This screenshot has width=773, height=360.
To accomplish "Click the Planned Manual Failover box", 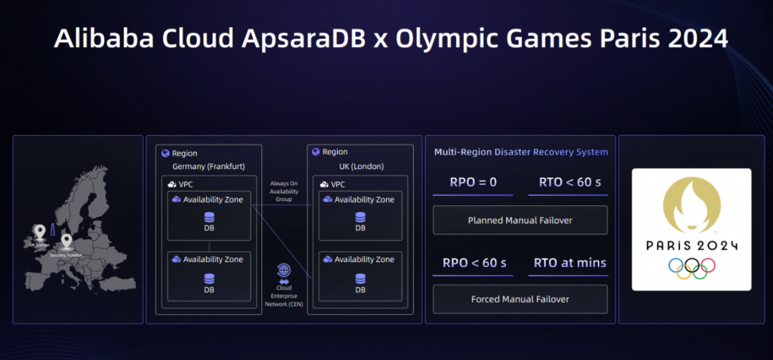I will coord(520,220).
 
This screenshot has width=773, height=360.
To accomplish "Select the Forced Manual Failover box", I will coord(520,299).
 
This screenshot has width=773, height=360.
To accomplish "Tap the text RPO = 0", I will coord(472,182).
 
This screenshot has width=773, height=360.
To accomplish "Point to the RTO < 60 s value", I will coord(570,182).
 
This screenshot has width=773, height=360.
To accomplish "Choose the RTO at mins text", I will coord(570,263).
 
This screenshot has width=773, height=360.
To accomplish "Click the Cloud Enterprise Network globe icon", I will coord(284,271).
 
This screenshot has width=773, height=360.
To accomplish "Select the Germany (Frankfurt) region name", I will coord(208,167).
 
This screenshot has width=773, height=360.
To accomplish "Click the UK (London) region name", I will coord(360,166).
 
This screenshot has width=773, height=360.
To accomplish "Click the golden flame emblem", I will coord(691,206).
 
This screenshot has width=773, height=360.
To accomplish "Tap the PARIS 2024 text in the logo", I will coord(691,245).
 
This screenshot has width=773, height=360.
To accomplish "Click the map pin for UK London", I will coord(39,231).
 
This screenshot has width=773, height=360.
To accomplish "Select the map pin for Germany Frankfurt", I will coord(67,241).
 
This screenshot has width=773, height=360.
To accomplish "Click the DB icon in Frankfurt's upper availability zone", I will coord(209,217).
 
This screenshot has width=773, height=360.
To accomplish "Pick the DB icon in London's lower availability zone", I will coord(360,278).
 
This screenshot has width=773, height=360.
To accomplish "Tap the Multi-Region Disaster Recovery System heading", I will coord(521,152).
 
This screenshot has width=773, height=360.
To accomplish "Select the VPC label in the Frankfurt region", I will coord(185,184).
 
